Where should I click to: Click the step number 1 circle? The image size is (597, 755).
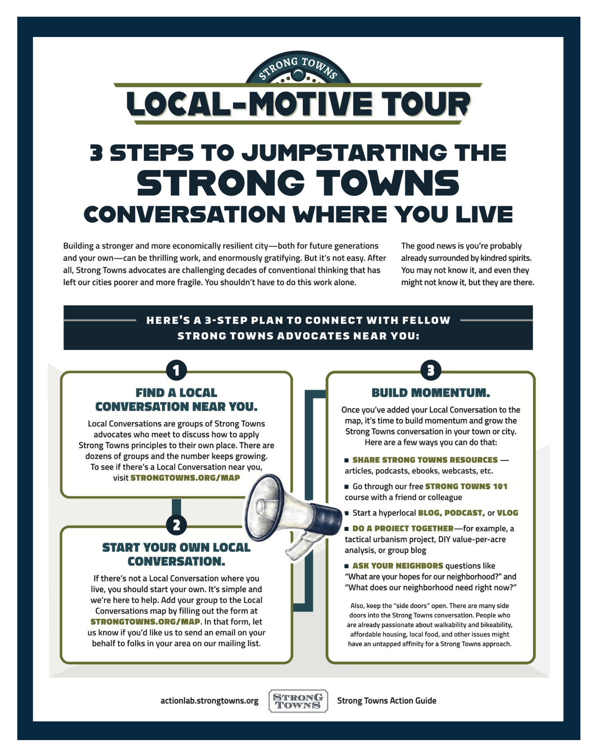(x=176, y=371)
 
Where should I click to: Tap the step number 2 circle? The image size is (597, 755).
(x=176, y=525)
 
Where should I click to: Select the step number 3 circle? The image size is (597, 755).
(x=430, y=371)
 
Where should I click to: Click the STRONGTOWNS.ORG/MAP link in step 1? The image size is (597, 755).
(x=185, y=477)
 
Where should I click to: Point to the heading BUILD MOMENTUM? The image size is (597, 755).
(x=430, y=393)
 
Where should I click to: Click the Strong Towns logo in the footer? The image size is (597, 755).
(x=298, y=701)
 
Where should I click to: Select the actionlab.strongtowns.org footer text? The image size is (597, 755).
(x=209, y=701)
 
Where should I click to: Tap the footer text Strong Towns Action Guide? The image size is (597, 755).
(x=387, y=700)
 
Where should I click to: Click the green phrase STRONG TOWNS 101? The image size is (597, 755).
(x=466, y=486)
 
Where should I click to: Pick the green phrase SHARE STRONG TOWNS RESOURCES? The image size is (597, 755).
(x=425, y=460)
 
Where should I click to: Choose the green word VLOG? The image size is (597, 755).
(x=508, y=513)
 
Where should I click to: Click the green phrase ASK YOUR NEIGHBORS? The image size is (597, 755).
(x=398, y=565)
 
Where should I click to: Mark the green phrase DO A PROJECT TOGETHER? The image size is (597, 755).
(x=403, y=528)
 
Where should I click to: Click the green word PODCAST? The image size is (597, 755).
(x=465, y=513)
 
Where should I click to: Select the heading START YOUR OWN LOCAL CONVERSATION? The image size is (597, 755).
(x=176, y=554)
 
